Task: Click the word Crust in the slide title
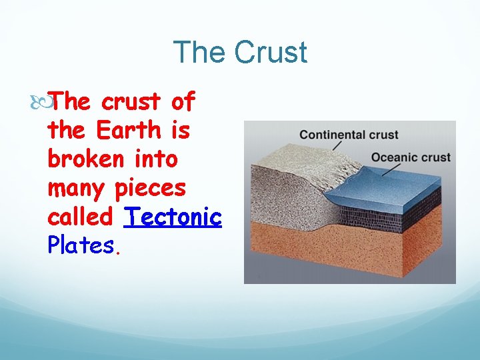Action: (x=274, y=53)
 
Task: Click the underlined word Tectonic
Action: (x=173, y=217)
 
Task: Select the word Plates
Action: (x=81, y=245)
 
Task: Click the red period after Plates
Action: (x=118, y=252)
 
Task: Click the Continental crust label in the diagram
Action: (x=349, y=135)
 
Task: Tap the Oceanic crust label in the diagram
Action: (x=411, y=157)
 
